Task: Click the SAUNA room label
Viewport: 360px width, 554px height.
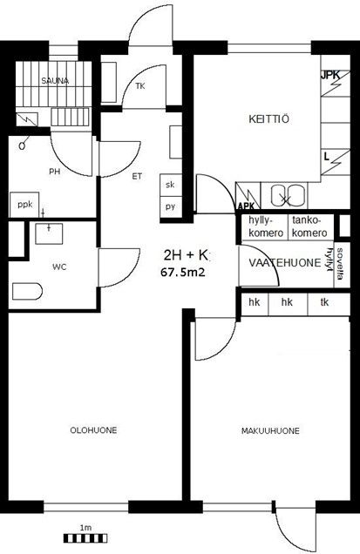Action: pyautogui.click(x=55, y=80)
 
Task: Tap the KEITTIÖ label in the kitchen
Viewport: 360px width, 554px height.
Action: pyautogui.click(x=268, y=118)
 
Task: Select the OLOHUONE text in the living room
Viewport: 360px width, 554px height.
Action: pyautogui.click(x=93, y=430)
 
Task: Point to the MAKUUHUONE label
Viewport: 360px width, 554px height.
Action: pyautogui.click(x=270, y=430)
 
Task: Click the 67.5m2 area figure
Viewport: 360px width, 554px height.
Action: pyautogui.click(x=183, y=272)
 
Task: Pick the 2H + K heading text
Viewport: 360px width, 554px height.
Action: pyautogui.click(x=186, y=254)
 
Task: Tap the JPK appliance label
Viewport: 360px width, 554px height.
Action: pyautogui.click(x=330, y=75)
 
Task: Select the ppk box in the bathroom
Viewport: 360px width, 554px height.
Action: pyautogui.click(x=24, y=205)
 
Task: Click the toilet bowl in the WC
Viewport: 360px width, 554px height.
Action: pyautogui.click(x=27, y=292)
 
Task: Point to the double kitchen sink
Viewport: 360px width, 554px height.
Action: pyautogui.click(x=288, y=195)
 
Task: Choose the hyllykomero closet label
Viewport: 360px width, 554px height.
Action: pyautogui.click(x=266, y=226)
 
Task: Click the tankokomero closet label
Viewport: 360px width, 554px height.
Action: pyautogui.click(x=310, y=226)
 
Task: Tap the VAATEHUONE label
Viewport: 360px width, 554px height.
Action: pyautogui.click(x=285, y=263)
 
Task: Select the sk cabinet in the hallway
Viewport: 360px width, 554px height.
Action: pyautogui.click(x=171, y=185)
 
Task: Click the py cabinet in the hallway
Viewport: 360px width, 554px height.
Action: pyautogui.click(x=171, y=207)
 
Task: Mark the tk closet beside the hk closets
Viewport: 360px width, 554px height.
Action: pyautogui.click(x=324, y=302)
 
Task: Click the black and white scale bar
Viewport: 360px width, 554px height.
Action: pyautogui.click(x=85, y=538)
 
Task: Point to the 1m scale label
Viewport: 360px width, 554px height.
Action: pyautogui.click(x=85, y=528)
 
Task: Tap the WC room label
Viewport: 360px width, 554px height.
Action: pyautogui.click(x=59, y=267)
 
